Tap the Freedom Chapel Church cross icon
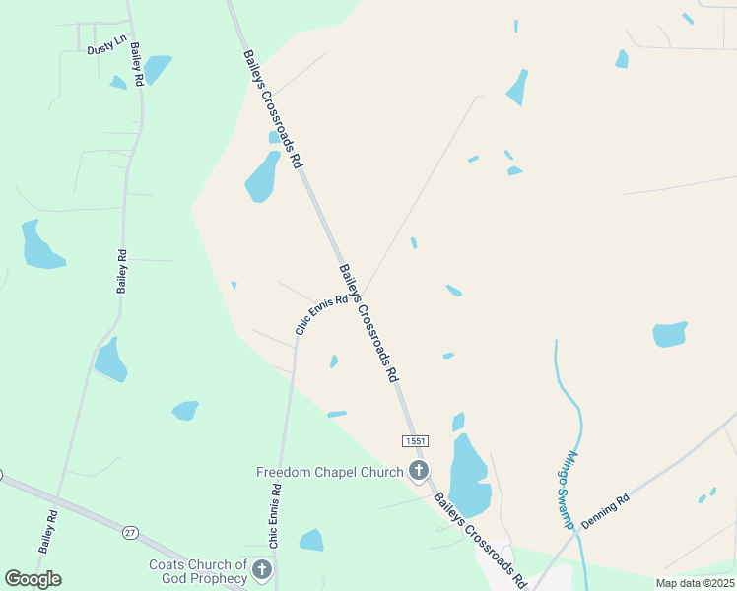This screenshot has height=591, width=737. [419, 472]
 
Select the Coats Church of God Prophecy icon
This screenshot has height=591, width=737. [262, 569]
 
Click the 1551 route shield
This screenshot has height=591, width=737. [415, 440]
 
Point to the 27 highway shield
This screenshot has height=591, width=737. [130, 533]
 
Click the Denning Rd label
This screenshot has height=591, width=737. [604, 512]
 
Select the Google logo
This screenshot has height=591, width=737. [33, 578]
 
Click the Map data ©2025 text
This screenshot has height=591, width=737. [695, 583]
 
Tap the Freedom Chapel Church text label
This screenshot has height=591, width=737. [329, 472]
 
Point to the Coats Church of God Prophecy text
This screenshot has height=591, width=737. [197, 571]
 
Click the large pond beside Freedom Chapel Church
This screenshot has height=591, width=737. [468, 475]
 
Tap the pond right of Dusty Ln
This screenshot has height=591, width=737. [157, 69]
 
